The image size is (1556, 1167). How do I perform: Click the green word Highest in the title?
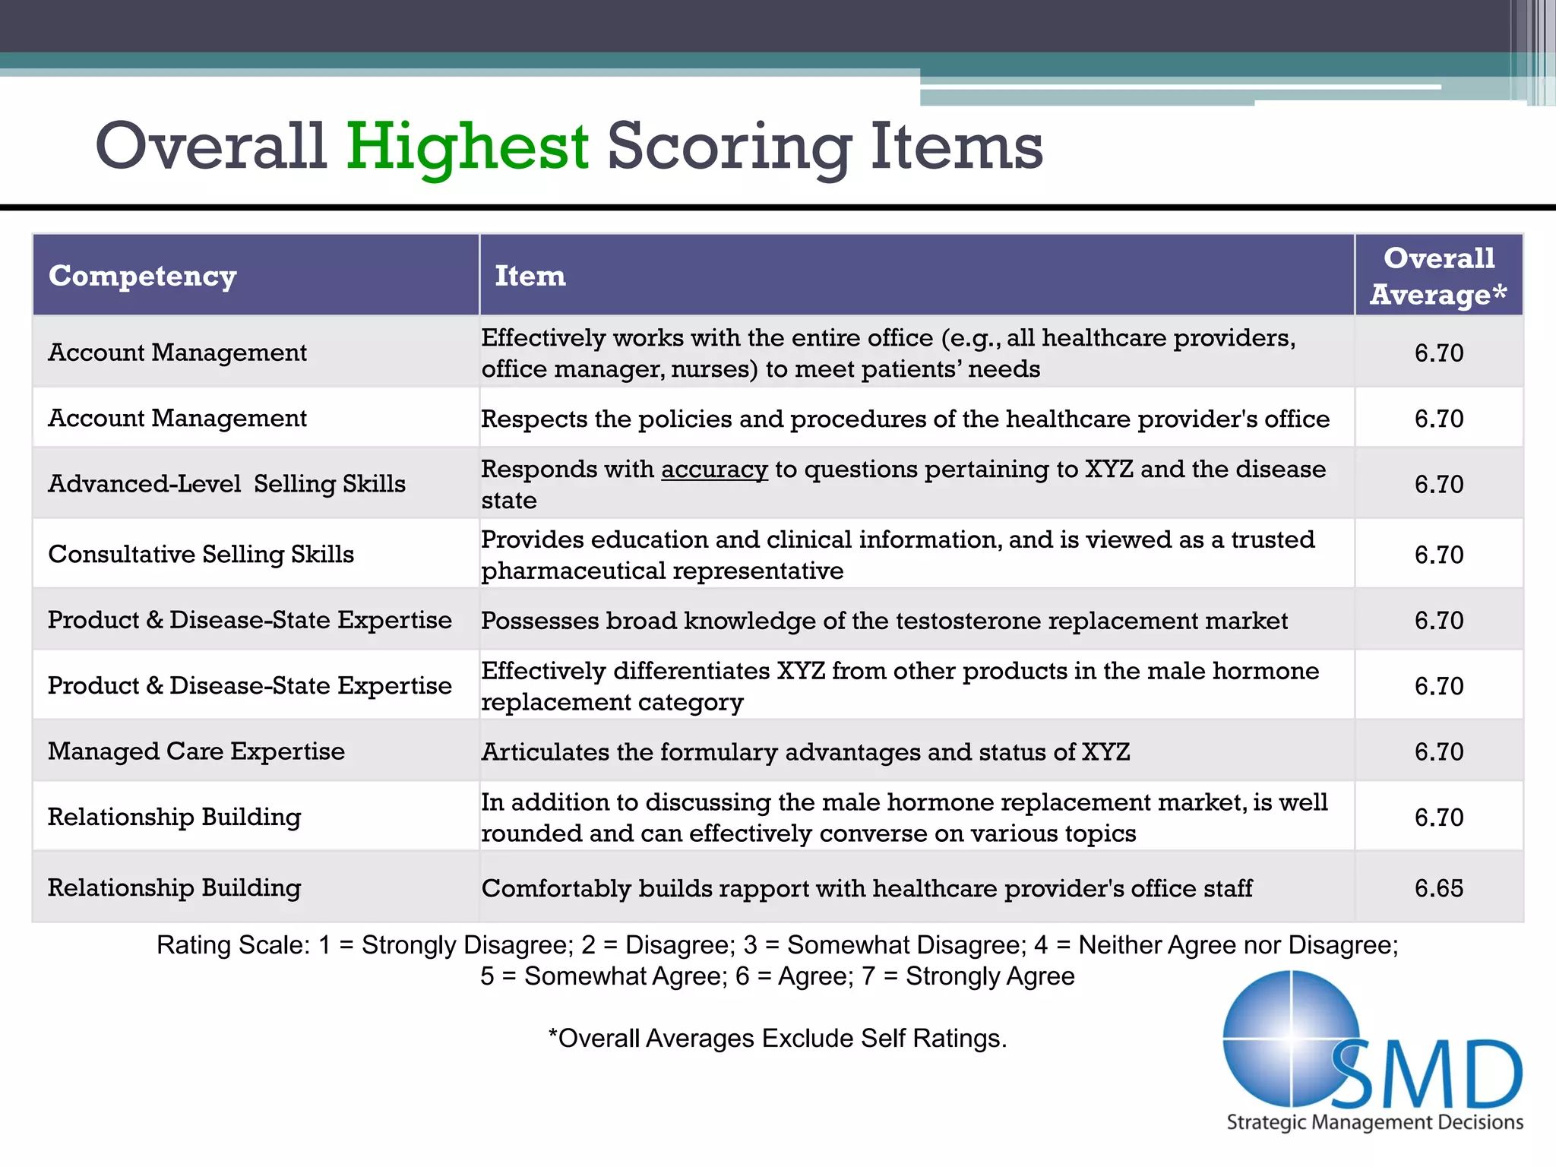(467, 146)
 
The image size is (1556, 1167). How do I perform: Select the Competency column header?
(143, 276)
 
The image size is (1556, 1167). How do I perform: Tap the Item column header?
(530, 276)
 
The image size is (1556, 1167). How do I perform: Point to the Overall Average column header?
(1438, 276)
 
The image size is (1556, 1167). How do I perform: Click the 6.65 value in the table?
(1438, 887)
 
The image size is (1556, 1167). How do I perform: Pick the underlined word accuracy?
(714, 470)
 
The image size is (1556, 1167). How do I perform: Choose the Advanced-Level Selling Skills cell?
(226, 484)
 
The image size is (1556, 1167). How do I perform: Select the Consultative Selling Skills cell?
(201, 554)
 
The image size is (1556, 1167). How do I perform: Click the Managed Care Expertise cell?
(196, 751)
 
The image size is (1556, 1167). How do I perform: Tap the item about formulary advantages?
(805, 752)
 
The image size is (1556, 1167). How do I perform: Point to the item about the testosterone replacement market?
(884, 621)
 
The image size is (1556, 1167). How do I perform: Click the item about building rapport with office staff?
(866, 888)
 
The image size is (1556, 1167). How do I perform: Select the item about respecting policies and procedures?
(904, 419)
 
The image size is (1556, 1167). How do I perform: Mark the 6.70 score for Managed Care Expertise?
(1438, 751)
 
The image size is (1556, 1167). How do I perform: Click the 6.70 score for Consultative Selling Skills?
(1438, 555)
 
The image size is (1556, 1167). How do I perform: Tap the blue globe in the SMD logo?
(1289, 1037)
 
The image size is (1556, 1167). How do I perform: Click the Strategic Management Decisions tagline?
(1374, 1122)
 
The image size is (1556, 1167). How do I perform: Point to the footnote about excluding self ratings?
(777, 1039)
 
